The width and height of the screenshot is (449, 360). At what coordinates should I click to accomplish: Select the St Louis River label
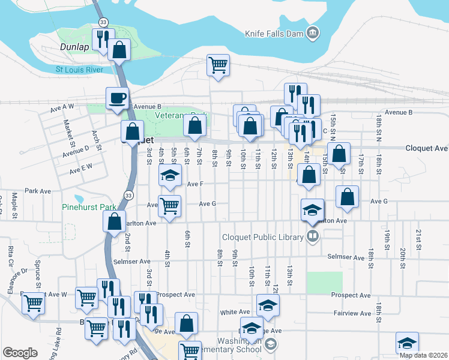pyautogui.click(x=79, y=70)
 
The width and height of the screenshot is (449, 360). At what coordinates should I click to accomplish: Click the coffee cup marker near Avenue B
pyautogui.click(x=117, y=98)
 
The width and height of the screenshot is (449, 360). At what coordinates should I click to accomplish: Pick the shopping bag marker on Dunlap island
pyautogui.click(x=119, y=50)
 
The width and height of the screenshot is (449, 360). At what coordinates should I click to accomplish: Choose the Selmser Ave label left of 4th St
pyautogui.click(x=136, y=262)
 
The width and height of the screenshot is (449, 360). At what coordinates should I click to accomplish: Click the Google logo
pyautogui.click(x=20, y=352)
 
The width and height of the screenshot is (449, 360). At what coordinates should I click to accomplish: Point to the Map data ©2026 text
pyautogui.click(x=424, y=355)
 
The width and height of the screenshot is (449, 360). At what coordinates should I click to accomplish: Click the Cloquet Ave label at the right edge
pyautogui.click(x=426, y=148)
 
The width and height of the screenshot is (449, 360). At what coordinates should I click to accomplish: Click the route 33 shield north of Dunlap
pyautogui.click(x=104, y=22)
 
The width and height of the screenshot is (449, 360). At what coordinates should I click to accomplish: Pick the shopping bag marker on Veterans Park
pyautogui.click(x=194, y=125)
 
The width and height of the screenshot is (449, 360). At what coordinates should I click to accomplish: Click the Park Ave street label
pyautogui.click(x=37, y=191)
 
